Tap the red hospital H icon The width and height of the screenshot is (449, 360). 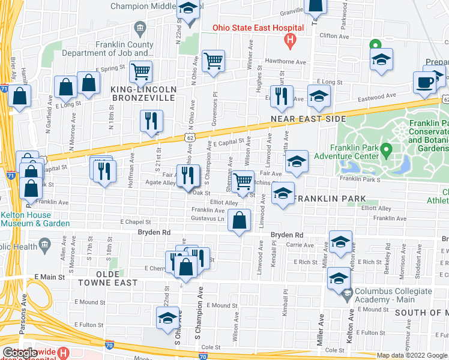point(291,41)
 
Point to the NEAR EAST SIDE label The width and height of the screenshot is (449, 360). point(308,119)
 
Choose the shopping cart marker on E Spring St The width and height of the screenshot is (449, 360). point(140,71)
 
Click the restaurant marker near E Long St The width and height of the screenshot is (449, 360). point(281,95)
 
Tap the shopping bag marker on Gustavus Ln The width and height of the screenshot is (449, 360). point(240,220)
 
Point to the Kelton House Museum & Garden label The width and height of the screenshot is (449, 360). point(26,219)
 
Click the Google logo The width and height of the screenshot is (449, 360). point(20,353)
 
